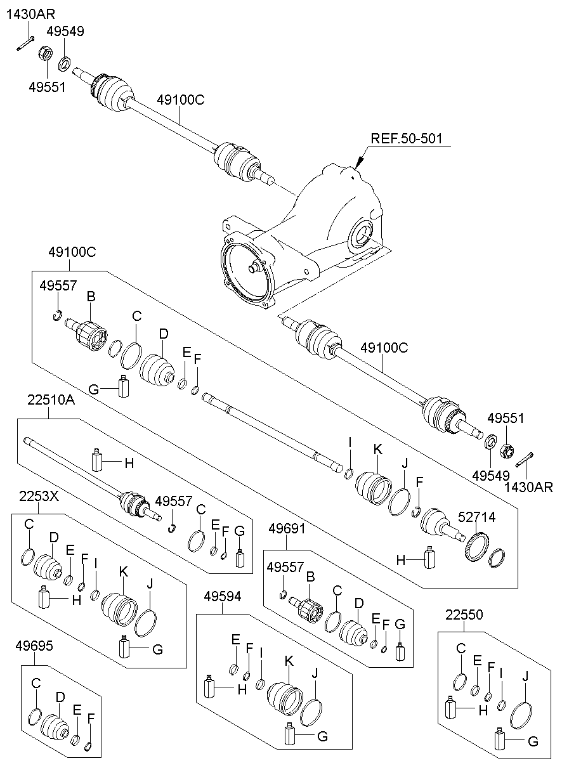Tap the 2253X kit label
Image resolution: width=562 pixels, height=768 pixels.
click(39, 496)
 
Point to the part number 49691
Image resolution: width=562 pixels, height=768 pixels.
click(287, 527)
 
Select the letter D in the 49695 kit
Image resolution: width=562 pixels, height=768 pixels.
click(60, 698)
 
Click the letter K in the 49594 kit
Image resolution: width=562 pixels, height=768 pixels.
click(289, 661)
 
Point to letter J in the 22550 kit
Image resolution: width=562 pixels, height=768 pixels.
click(525, 677)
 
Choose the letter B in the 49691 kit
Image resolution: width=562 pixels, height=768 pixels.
click(310, 576)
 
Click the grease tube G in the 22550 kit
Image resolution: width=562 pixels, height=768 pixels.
click(499, 739)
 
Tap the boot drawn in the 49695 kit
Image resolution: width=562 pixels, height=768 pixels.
click(54, 728)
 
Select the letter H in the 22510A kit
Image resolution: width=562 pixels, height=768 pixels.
click(129, 464)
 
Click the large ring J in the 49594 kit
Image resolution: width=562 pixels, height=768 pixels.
click(311, 713)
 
